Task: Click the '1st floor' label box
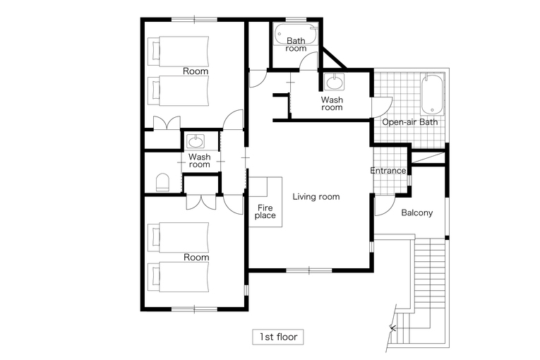click(x=278, y=337)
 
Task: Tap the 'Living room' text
click(x=316, y=197)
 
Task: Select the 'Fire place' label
click(x=265, y=212)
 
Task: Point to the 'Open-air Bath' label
click(x=410, y=122)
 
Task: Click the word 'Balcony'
click(x=417, y=212)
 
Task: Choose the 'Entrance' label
click(x=388, y=171)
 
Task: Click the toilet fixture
click(x=162, y=182)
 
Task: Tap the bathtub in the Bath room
click(x=296, y=34)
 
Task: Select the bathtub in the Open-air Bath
click(x=432, y=94)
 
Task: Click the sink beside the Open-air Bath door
click(x=335, y=83)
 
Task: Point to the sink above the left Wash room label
click(x=196, y=141)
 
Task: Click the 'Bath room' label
click(x=296, y=44)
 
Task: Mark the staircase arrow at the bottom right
click(x=392, y=328)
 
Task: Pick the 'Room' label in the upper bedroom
click(x=196, y=71)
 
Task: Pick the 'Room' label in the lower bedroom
click(x=196, y=258)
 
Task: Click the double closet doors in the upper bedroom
click(x=167, y=123)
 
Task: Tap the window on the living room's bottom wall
click(x=309, y=270)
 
